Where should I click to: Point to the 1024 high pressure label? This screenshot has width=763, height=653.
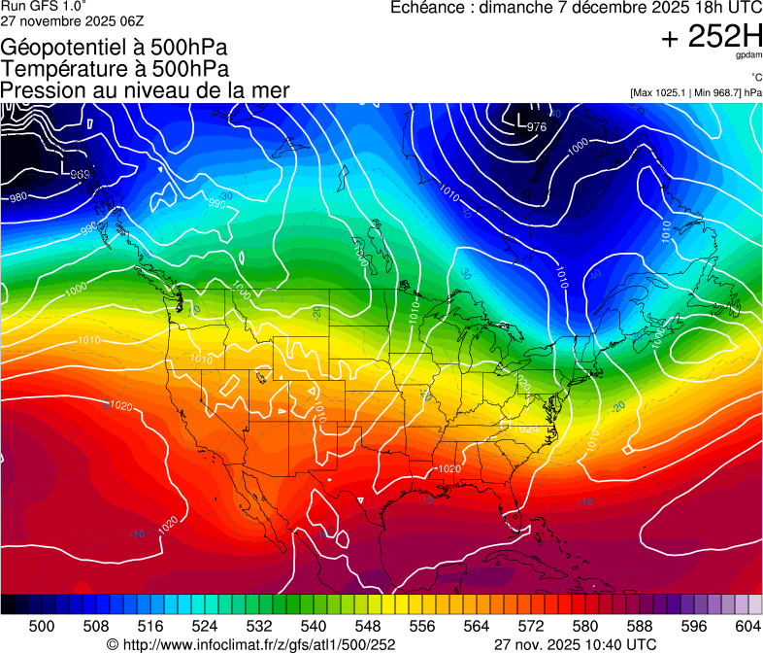point(524,429)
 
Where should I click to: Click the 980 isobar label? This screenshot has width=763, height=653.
point(17,197)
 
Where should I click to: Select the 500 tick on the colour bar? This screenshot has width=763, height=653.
point(42,626)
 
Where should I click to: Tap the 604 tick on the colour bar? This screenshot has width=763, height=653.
point(748,626)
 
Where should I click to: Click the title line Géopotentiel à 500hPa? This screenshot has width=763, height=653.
point(115,48)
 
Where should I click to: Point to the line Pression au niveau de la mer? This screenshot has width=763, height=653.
point(146,90)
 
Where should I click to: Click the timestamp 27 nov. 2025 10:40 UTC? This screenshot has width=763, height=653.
point(576,644)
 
